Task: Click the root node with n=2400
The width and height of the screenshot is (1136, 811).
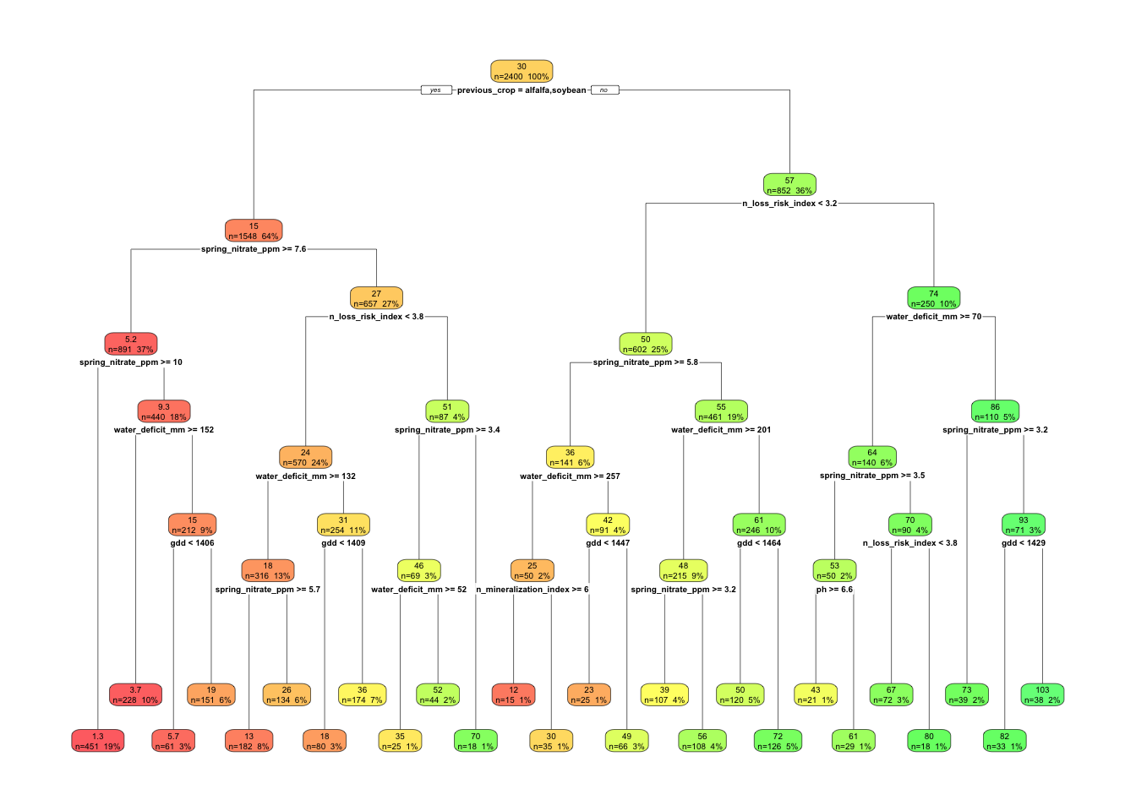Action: click(522, 71)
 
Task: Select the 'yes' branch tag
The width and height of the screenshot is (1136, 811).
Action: click(435, 90)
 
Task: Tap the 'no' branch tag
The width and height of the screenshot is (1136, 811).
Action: click(604, 90)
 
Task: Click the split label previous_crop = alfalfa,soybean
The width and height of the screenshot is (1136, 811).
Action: click(522, 90)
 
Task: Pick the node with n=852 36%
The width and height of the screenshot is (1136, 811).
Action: click(789, 185)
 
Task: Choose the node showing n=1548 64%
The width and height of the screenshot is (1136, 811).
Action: click(254, 231)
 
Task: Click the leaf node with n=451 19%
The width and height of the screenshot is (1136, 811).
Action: click(98, 741)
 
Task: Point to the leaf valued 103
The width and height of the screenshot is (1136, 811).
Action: click(1042, 694)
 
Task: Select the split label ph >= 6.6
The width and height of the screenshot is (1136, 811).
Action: click(834, 590)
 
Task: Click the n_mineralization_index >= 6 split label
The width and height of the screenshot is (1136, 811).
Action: click(532, 590)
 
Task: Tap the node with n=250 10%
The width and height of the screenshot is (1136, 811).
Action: click(933, 298)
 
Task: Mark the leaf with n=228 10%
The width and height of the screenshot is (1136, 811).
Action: click(135, 694)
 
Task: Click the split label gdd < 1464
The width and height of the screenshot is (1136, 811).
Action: click(759, 543)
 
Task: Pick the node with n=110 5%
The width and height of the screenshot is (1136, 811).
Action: click(995, 411)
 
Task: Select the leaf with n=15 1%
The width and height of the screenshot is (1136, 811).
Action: click(513, 694)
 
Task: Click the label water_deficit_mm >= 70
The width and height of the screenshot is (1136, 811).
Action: click(933, 317)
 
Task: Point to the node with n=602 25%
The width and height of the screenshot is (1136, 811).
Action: click(646, 344)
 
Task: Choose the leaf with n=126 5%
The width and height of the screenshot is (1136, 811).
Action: click(778, 741)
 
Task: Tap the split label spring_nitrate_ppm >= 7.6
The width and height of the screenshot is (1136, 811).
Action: click(254, 249)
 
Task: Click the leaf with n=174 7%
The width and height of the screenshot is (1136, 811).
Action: click(362, 694)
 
